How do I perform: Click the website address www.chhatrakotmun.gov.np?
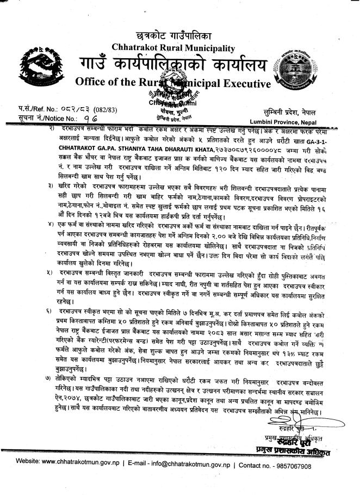point(80,466)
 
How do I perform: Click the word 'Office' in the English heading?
point(94,84)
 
